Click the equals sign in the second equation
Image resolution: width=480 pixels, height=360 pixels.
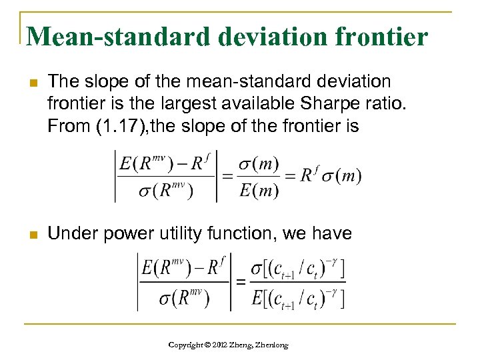coord(239,282)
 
